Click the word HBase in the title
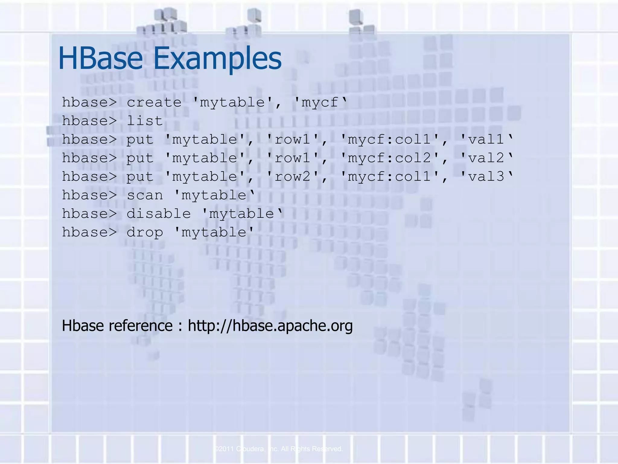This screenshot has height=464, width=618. (100, 58)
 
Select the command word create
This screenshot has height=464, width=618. (154, 102)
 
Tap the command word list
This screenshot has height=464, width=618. (145, 121)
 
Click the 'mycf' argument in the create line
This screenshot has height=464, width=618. (320, 102)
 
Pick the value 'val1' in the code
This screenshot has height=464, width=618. (486, 139)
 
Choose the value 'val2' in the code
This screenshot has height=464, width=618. (486, 158)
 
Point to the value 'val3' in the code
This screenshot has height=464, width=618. (486, 176)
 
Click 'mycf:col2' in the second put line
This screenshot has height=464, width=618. (390, 158)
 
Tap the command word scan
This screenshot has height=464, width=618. (145, 195)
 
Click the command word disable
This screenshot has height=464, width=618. (158, 214)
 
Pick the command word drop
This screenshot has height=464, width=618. (145, 233)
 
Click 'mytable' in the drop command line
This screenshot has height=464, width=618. (214, 232)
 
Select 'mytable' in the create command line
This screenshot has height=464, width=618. (233, 102)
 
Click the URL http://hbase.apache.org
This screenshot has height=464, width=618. (270, 326)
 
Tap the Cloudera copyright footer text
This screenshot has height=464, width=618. (279, 449)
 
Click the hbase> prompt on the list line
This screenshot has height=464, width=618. (89, 121)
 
